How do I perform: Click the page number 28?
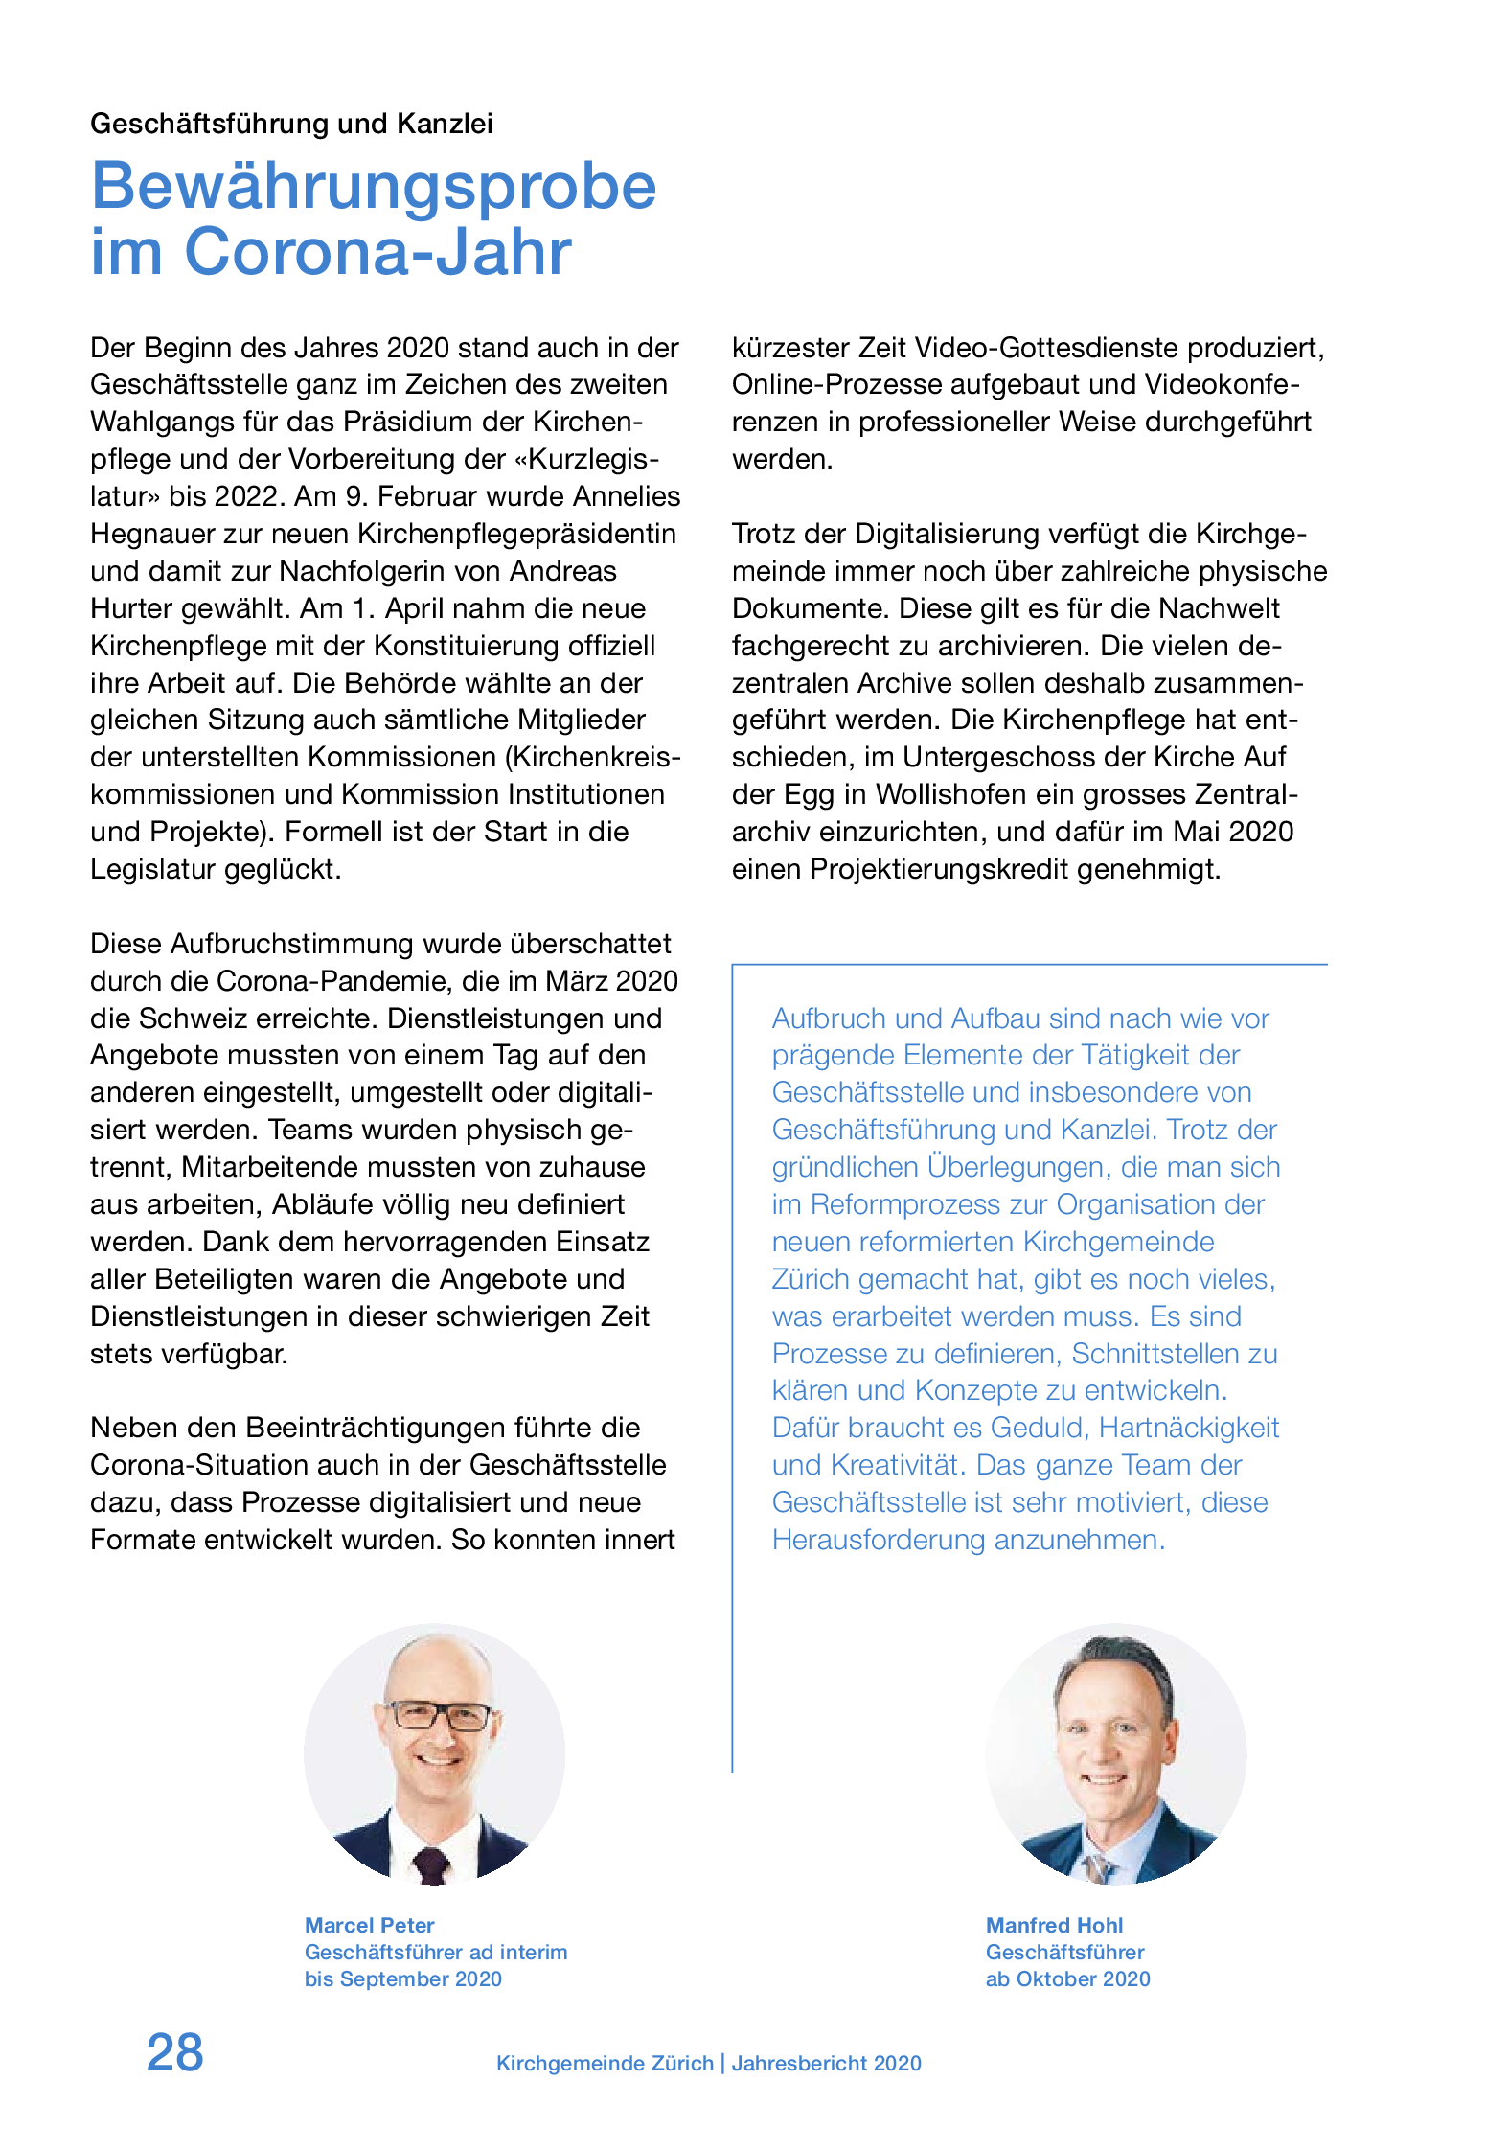click(x=174, y=2052)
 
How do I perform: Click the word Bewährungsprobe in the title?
click(x=374, y=186)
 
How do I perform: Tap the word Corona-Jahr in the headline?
click(x=377, y=252)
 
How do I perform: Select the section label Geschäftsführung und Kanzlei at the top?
click(x=291, y=124)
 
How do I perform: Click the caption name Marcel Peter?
click(x=369, y=1925)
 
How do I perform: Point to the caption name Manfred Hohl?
click(x=1054, y=1925)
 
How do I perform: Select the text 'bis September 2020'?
click(x=402, y=1978)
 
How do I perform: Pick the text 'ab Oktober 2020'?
click(x=1067, y=1978)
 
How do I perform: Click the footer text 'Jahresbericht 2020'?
click(x=826, y=2063)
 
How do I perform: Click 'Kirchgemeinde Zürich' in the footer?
click(x=605, y=2063)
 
